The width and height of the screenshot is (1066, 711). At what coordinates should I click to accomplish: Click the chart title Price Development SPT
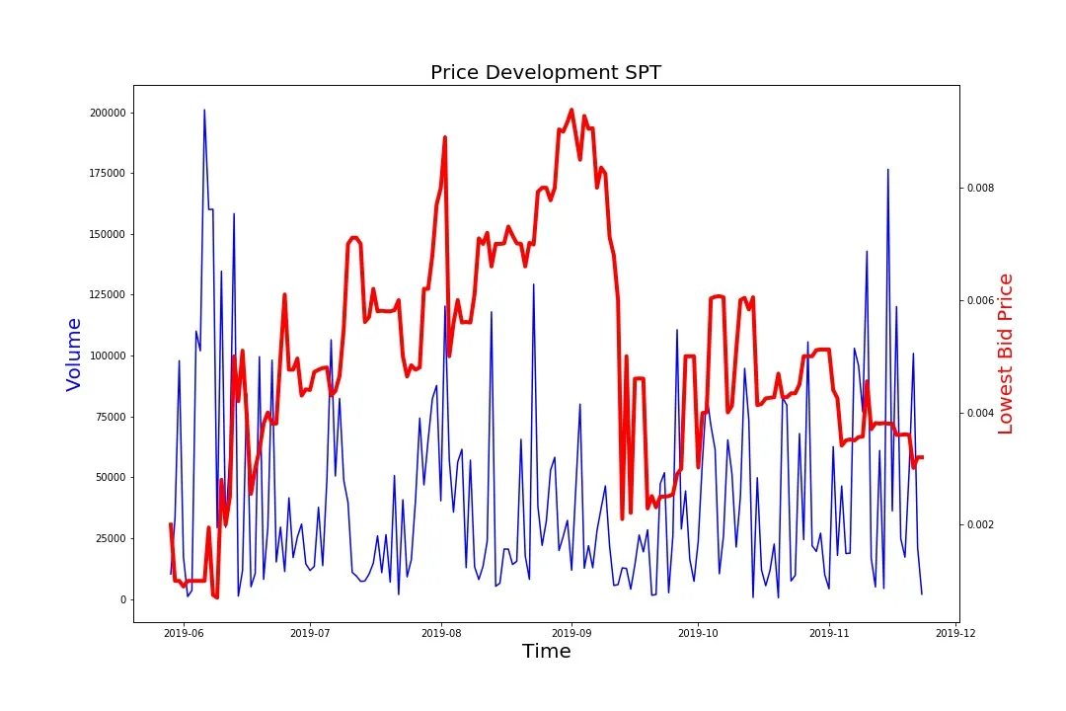[x=546, y=72]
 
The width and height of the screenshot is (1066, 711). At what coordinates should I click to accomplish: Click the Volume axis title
[x=74, y=354]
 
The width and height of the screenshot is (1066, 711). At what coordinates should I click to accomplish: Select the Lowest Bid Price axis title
[x=1006, y=354]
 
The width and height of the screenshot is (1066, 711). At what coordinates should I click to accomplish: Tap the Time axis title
[x=546, y=651]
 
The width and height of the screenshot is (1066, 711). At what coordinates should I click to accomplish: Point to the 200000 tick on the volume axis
[x=109, y=113]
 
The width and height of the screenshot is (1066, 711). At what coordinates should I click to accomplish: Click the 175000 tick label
[x=109, y=174]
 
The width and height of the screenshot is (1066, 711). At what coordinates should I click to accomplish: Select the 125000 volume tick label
[x=109, y=295]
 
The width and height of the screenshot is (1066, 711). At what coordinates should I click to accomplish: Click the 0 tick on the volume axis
[x=123, y=599]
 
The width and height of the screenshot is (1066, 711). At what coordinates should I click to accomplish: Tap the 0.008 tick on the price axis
[x=979, y=188]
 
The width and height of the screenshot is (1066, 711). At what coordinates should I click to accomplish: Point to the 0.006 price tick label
[x=979, y=300]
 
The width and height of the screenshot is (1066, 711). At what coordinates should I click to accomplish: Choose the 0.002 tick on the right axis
[x=979, y=524]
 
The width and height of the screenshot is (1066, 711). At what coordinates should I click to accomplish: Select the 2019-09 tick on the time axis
[x=571, y=632]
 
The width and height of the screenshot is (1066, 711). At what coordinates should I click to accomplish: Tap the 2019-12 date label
[x=956, y=632]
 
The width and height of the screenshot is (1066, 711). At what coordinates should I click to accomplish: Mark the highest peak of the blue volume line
[x=204, y=111]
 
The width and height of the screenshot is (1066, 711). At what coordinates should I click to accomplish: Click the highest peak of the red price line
[x=571, y=110]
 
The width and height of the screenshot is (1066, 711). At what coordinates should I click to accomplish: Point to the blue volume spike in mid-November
[x=887, y=170]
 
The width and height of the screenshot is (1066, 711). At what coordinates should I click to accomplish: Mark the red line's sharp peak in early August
[x=445, y=137]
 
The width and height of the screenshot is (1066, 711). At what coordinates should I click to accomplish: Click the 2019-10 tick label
[x=699, y=632]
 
